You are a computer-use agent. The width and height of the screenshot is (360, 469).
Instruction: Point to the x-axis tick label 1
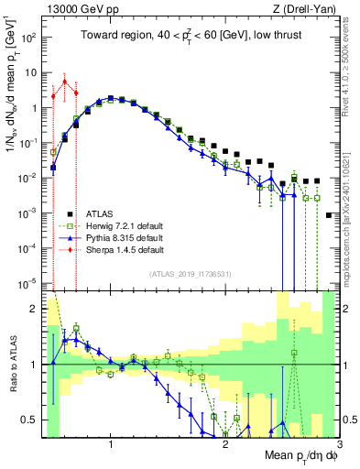(111, 446)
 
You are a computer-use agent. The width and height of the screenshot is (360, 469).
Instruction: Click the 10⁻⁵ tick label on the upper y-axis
(29, 284)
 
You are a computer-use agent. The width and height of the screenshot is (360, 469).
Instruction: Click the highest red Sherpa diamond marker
(64, 82)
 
